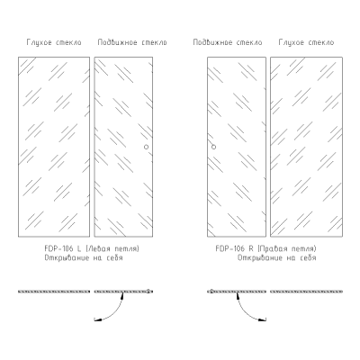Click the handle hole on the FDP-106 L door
(146, 147)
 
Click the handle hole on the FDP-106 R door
(213, 147)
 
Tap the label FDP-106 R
(235, 248)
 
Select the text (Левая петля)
(112, 248)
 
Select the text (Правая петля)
(287, 248)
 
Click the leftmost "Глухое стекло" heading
(54, 42)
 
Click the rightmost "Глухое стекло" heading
(306, 42)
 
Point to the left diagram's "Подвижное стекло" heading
(132, 42)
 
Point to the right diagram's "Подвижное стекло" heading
(228, 42)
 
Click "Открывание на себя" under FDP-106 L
(84, 257)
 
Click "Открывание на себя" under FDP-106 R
(277, 257)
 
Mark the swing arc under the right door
(245, 312)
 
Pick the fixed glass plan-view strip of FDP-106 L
(54, 292)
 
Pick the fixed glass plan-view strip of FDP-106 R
(306, 292)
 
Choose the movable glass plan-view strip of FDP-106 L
(123, 292)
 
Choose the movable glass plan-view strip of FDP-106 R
(237, 292)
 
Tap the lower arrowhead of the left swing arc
(97, 319)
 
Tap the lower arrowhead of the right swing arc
(263, 319)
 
